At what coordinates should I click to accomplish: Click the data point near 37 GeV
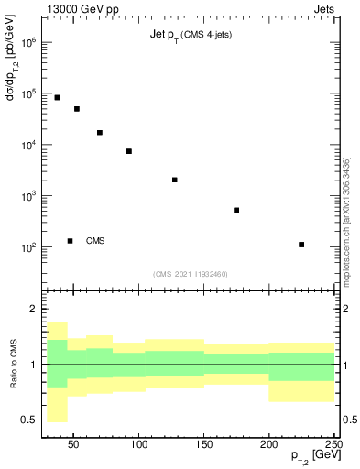click(x=57, y=97)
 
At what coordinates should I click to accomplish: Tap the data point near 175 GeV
click(x=236, y=210)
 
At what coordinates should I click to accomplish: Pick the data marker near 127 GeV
click(x=174, y=180)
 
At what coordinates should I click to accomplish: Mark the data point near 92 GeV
click(x=129, y=151)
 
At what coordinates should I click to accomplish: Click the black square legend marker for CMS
click(x=70, y=241)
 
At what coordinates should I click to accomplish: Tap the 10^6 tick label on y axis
click(x=29, y=43)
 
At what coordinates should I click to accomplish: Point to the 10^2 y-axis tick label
click(x=29, y=248)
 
